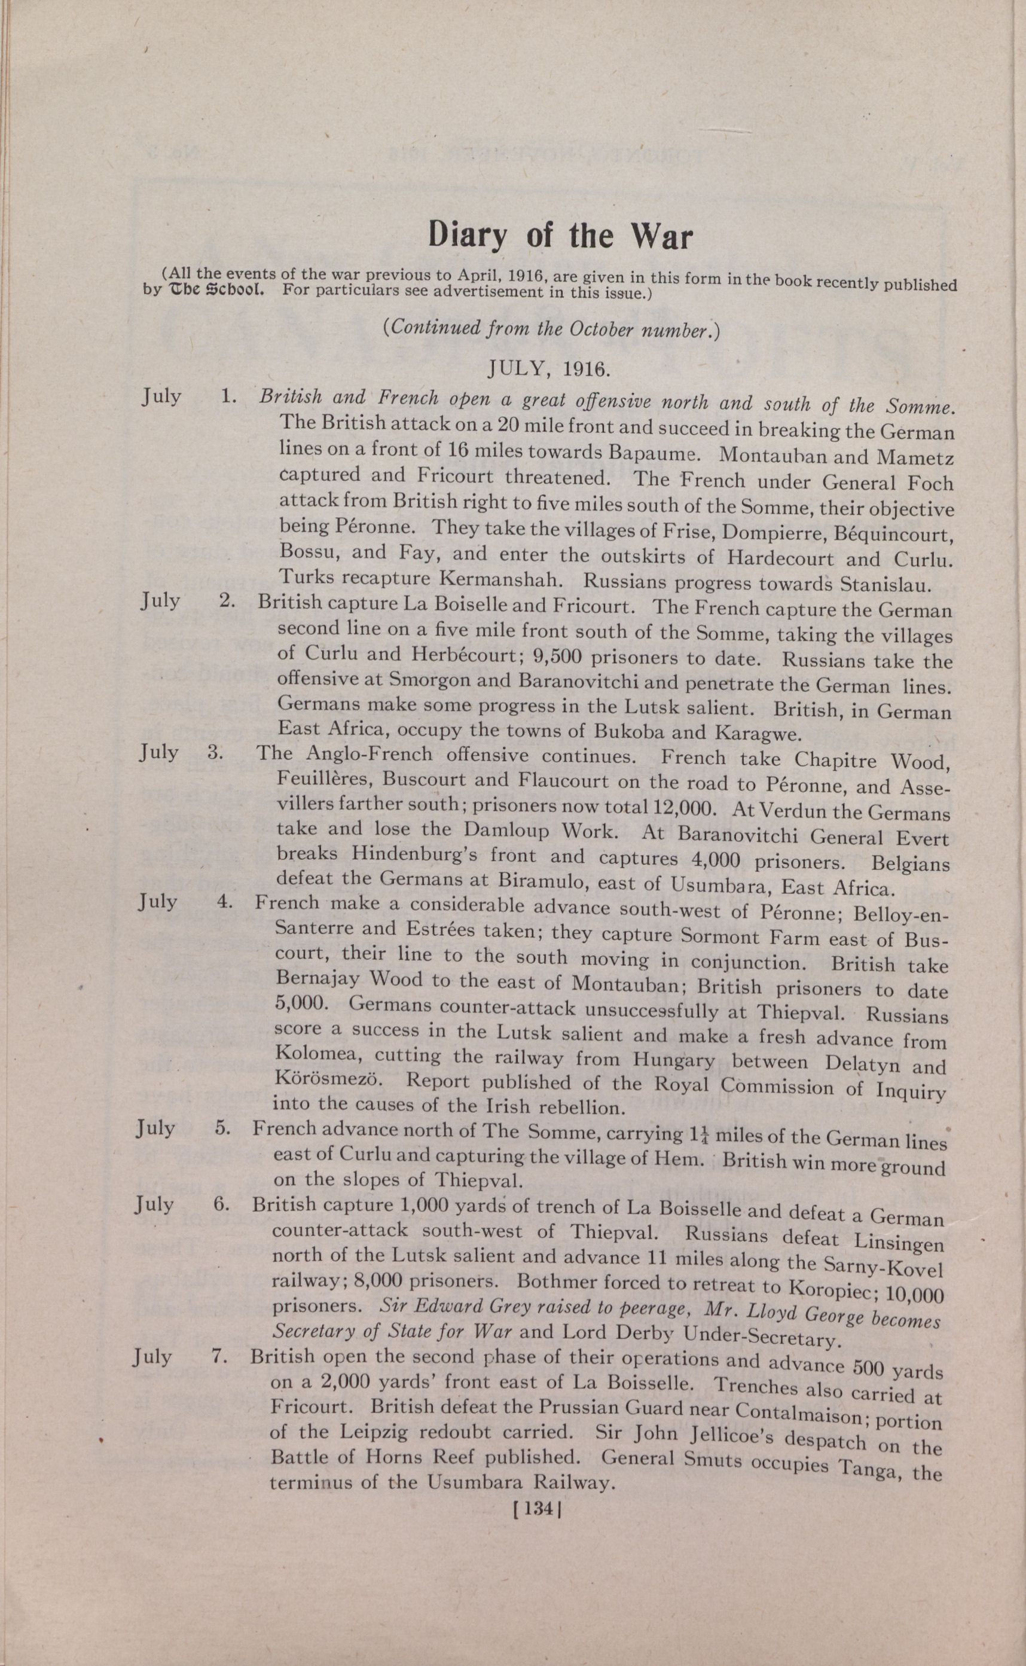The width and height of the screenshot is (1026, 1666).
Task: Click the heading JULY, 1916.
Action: [x=549, y=368]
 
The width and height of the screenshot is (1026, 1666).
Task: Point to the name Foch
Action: [x=934, y=483]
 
